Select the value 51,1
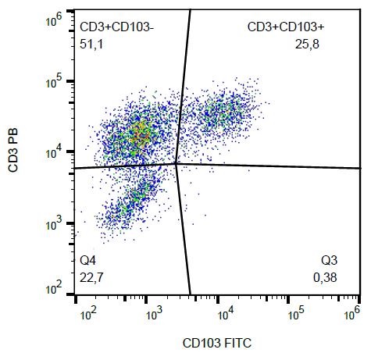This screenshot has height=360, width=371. tap(91, 44)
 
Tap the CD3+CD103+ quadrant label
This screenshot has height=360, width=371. tap(285, 27)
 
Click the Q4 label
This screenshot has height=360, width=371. tap(88, 258)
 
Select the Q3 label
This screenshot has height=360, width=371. tap(330, 258)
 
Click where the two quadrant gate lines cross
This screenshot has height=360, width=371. tap(177, 163)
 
